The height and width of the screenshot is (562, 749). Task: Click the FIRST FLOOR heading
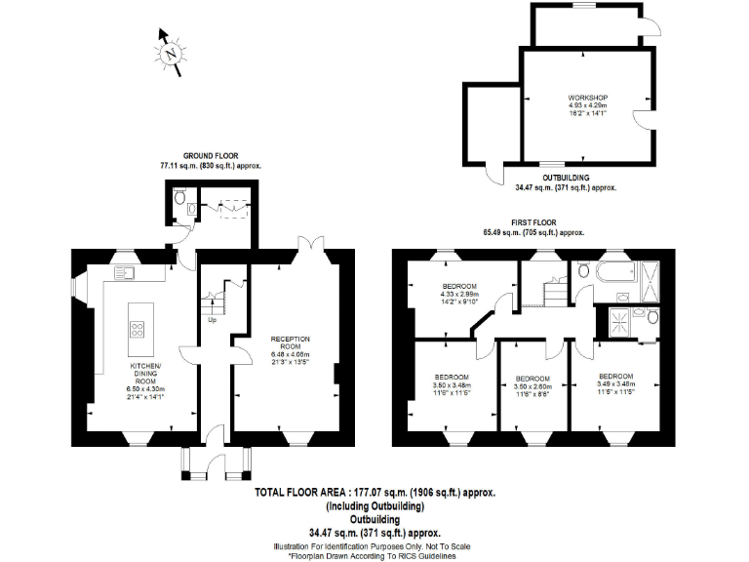[533, 223]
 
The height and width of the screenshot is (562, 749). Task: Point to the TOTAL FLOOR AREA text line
[374, 494]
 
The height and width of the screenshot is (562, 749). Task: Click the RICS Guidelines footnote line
[374, 555]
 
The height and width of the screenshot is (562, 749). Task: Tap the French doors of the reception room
[310, 243]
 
